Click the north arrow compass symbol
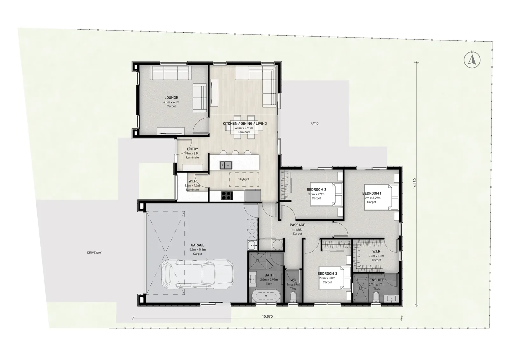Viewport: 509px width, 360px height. (x=472, y=60)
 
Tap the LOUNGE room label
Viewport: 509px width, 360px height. (x=171, y=98)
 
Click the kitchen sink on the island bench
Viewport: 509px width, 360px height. (x=226, y=165)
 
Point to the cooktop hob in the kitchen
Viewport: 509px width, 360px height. (x=227, y=196)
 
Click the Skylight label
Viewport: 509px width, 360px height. (x=244, y=179)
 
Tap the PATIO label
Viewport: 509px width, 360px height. (x=315, y=124)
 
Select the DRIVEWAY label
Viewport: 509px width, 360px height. (x=94, y=253)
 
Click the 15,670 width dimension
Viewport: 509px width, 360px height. (x=267, y=316)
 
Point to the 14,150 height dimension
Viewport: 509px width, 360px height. (x=415, y=183)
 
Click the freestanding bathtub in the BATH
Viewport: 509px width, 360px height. (x=266, y=296)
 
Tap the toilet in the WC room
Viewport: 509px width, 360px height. (x=293, y=297)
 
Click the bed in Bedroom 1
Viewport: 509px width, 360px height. (x=381, y=197)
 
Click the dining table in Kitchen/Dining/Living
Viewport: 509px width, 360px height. (x=244, y=127)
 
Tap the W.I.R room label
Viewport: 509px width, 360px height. (x=376, y=252)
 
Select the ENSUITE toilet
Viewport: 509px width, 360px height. (x=376, y=297)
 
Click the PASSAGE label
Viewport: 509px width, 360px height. (x=297, y=225)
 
